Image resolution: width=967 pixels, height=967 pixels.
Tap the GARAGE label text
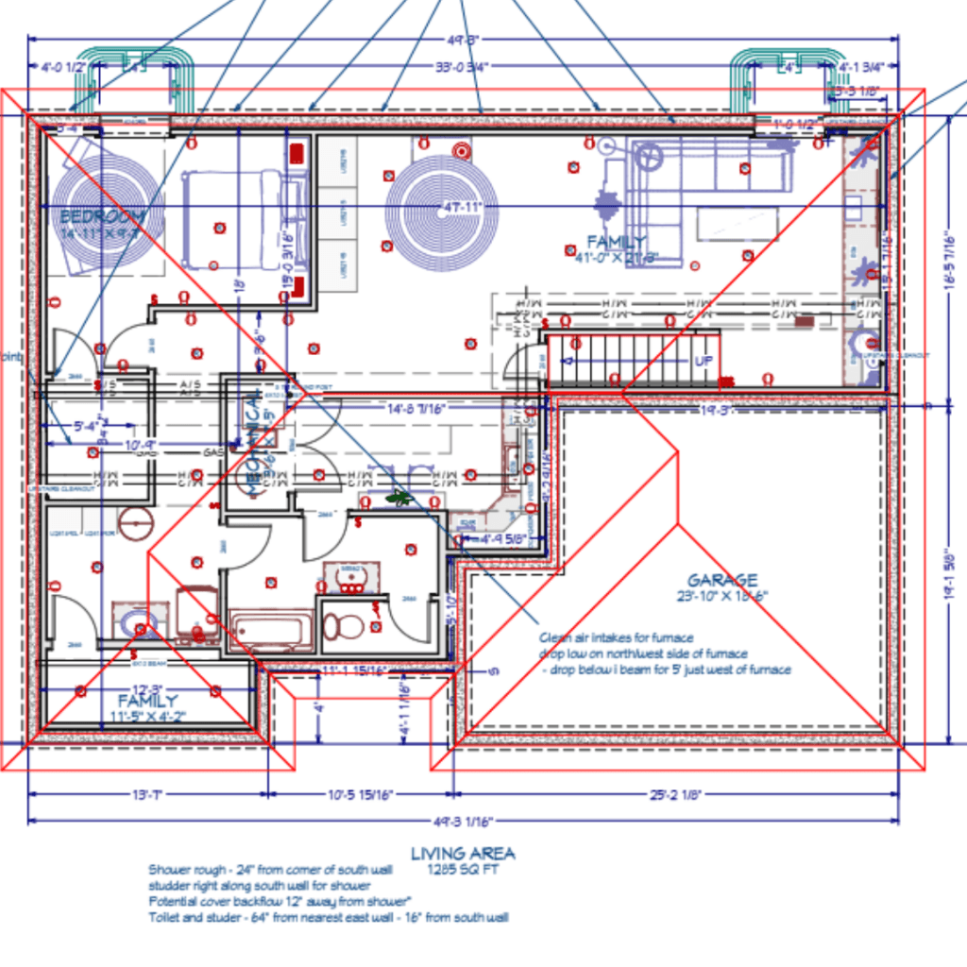pyautogui.click(x=721, y=580)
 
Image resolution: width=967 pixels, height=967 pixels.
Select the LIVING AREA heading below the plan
pyautogui.click(x=463, y=854)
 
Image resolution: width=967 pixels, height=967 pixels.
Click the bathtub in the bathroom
pyautogui.click(x=271, y=630)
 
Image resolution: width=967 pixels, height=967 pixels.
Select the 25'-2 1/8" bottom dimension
pyautogui.click(x=673, y=795)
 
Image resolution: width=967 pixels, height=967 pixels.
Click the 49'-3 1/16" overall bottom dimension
pyautogui.click(x=463, y=822)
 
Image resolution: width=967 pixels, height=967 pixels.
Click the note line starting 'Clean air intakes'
pyautogui.click(x=617, y=637)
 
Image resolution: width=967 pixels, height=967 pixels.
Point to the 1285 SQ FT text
pyautogui.click(x=463, y=869)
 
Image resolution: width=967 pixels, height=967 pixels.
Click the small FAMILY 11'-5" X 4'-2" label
pyautogui.click(x=147, y=708)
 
